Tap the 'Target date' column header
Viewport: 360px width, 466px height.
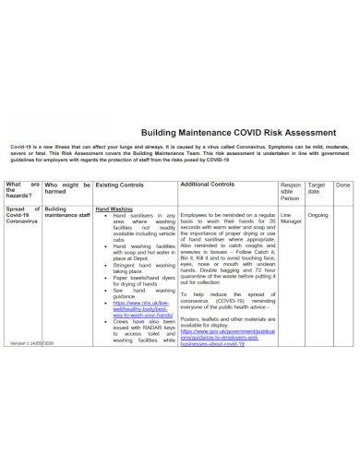[316, 189]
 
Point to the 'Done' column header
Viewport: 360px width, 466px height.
[342, 185]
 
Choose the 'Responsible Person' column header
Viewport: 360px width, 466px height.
[291, 192]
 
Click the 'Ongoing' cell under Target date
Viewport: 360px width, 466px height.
[318, 214]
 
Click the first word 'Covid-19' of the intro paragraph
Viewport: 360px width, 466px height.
[22, 147]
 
